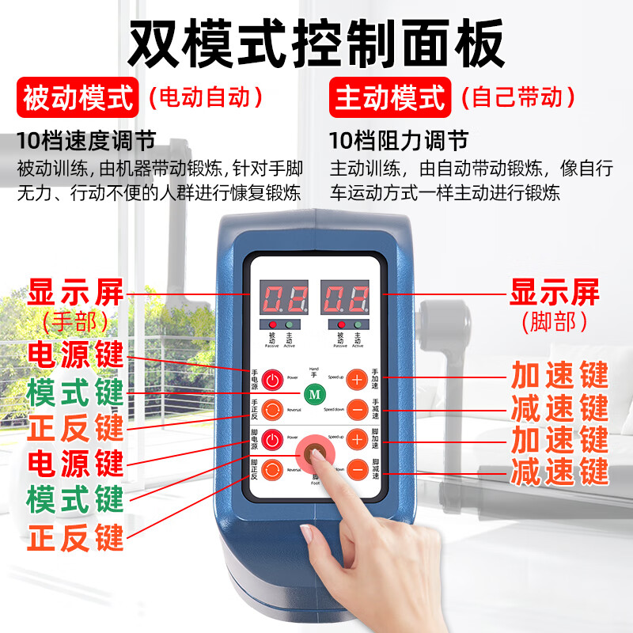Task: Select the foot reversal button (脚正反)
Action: [x=273, y=468]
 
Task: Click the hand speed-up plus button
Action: [x=358, y=380]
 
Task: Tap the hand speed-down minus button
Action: [x=358, y=409]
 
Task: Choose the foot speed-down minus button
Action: [x=358, y=469]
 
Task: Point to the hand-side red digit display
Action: [x=286, y=298]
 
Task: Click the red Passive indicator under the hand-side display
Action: [x=273, y=325]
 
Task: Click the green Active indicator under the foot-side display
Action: [x=357, y=325]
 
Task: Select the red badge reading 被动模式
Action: [x=78, y=98]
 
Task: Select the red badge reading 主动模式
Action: [x=389, y=98]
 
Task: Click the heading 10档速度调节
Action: [x=85, y=142]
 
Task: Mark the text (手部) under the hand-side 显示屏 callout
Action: [x=76, y=321]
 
